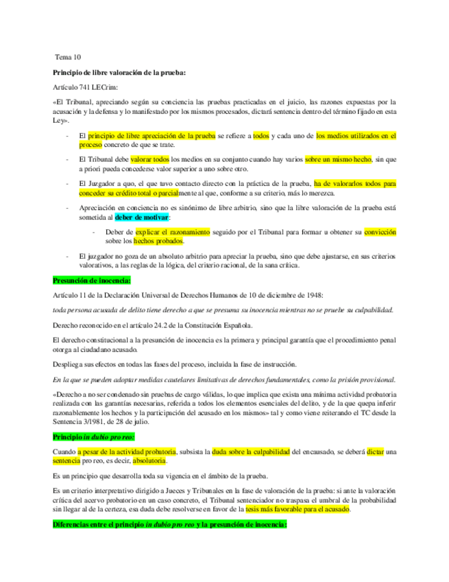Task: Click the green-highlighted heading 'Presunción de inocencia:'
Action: [x=92, y=279]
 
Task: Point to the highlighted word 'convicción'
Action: [x=380, y=232]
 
